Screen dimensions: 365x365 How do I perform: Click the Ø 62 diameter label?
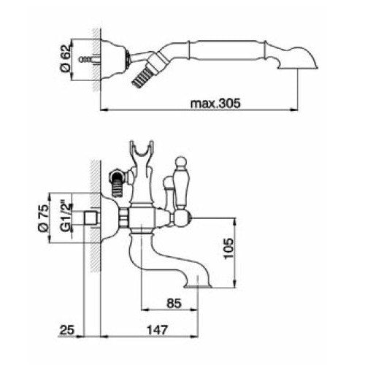tap(66, 58)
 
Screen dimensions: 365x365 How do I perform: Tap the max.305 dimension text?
tap(215, 103)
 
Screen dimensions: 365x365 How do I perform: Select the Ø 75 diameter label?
tap(43, 218)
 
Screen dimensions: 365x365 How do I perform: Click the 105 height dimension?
tap(228, 249)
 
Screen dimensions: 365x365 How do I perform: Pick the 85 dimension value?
tap(174, 304)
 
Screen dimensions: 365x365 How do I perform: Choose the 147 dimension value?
tap(157, 330)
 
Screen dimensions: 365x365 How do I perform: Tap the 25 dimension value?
tap(67, 330)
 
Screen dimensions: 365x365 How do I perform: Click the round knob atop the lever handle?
tap(181, 162)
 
